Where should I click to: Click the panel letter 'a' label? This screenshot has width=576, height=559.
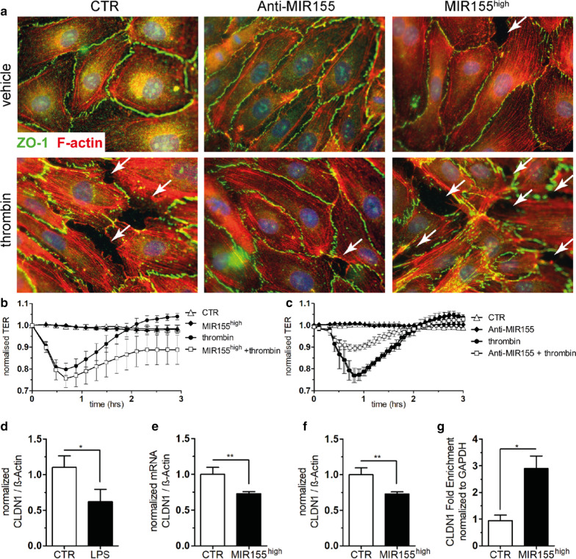[6, 7]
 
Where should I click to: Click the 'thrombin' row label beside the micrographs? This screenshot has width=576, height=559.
[8, 217]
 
